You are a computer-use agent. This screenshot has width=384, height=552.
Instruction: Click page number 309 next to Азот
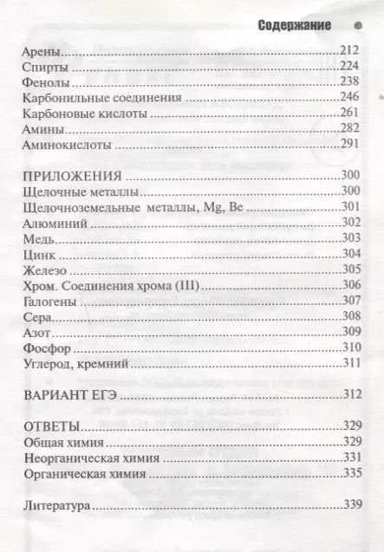[x=349, y=332]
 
